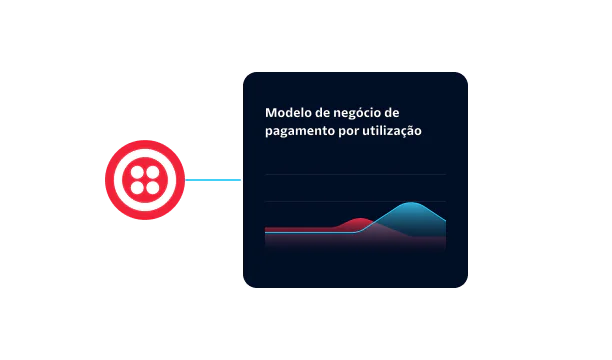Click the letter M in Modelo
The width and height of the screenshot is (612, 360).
click(270, 113)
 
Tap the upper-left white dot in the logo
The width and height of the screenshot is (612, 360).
click(137, 173)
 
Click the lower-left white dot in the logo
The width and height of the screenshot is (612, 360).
click(137, 189)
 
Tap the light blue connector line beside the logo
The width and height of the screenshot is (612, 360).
click(213, 181)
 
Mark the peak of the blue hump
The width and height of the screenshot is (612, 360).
click(412, 203)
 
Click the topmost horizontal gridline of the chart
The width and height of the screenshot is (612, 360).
click(355, 175)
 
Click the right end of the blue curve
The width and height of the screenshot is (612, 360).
click(445, 221)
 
